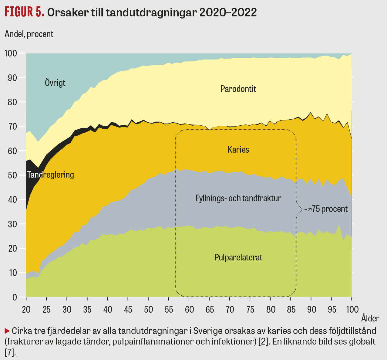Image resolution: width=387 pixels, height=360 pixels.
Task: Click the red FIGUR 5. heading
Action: tap(24, 12)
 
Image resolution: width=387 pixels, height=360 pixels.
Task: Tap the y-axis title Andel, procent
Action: tap(29, 34)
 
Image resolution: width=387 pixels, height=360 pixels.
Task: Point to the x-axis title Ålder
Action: tap(370, 318)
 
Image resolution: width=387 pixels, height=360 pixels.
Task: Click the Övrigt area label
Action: tap(55, 83)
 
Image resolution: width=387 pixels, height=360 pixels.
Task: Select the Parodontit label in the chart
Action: tap(238, 89)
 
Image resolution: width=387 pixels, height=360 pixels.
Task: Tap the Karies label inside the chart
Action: tap(238, 150)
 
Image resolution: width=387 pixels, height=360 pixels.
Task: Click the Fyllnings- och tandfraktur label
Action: tap(238, 199)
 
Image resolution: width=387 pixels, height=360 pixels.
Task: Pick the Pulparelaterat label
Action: tap(238, 257)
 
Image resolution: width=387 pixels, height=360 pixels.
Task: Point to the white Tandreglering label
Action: tap(50, 175)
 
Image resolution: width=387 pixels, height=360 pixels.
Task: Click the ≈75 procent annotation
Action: tap(328, 209)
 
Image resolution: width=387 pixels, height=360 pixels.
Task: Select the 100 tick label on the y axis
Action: tap(11, 53)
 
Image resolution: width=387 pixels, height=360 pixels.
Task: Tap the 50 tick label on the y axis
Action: tap(12, 175)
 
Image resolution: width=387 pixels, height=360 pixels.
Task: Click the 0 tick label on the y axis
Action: tap(15, 297)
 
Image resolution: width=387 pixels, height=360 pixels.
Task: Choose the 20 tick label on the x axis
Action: tap(26, 310)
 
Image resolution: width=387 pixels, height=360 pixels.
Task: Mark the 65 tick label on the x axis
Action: tap(210, 310)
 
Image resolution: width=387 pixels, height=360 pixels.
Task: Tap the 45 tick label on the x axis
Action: tap(128, 310)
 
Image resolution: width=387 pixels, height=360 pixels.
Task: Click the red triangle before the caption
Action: tap(7, 331)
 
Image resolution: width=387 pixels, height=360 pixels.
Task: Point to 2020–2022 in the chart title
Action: tap(228, 12)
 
